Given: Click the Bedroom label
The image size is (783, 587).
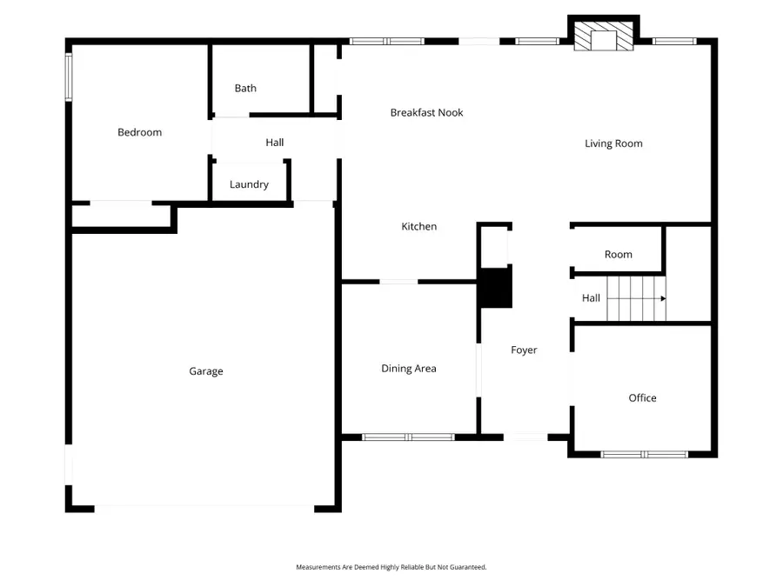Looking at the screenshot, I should coord(139,132).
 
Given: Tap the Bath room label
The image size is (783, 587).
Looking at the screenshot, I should coord(245,88).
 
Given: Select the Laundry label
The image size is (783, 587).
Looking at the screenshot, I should coord(249,184).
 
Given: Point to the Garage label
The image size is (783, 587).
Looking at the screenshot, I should coord(206,371).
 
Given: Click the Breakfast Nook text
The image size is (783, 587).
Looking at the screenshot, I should coord(426,112).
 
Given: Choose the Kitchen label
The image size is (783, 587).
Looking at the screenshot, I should coord(418,227).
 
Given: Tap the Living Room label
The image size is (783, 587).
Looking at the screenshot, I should coord(613,143).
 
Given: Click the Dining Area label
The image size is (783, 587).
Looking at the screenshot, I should coord(408,369).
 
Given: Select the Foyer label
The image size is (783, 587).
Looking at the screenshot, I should coord(524,350).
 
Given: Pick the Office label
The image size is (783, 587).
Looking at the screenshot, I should coord(642,398).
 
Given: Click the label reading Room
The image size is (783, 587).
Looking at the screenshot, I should coord(618,255).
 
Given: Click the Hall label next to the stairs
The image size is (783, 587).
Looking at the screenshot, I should coord(591,298).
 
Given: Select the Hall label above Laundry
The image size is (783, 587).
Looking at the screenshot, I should coord(274,143).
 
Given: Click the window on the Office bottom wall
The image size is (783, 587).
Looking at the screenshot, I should coord(645,454).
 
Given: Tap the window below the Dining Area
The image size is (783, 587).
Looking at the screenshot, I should coord(407,437).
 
